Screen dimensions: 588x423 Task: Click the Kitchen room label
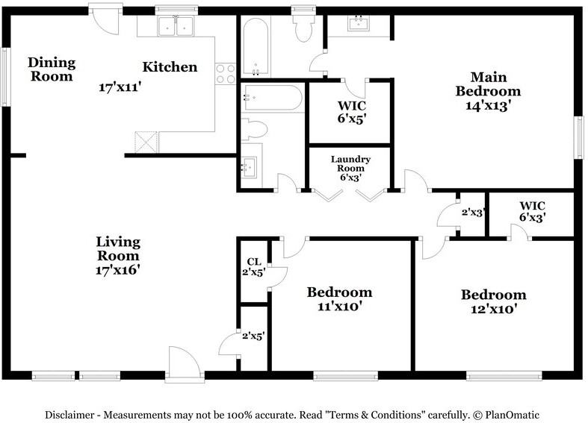click(x=170, y=67)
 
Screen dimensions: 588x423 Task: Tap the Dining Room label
click(x=52, y=69)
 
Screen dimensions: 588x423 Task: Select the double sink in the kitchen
click(x=176, y=26)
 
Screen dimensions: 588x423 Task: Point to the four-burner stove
click(x=226, y=74)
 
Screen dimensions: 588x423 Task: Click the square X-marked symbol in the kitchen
click(x=146, y=142)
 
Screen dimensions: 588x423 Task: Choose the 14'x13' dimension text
click(x=488, y=105)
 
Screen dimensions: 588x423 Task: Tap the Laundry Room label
click(x=350, y=164)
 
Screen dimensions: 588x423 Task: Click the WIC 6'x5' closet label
click(x=351, y=112)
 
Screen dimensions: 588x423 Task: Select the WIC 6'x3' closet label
click(x=532, y=211)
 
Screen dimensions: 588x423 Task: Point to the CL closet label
click(x=254, y=262)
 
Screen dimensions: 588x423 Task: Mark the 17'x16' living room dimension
click(x=118, y=269)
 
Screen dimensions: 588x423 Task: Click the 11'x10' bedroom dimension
click(x=339, y=306)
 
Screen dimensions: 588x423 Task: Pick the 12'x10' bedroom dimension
click(x=494, y=309)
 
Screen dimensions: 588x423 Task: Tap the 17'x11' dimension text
click(x=120, y=87)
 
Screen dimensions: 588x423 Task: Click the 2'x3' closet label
click(x=473, y=213)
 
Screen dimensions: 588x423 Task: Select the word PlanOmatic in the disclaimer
click(x=512, y=415)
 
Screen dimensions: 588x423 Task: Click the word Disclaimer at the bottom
click(x=69, y=415)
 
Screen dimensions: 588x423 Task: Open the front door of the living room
click(x=185, y=364)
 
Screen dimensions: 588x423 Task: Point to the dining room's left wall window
click(x=4, y=77)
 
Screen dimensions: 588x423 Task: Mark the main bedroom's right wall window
click(x=579, y=137)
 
